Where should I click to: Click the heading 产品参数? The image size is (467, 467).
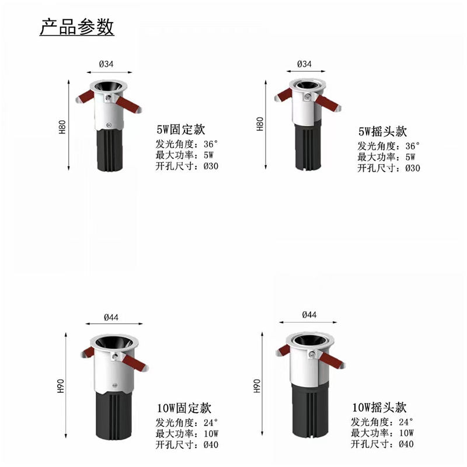77,27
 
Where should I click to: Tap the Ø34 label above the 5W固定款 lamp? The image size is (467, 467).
106,64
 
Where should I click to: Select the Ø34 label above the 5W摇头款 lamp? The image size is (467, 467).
304,64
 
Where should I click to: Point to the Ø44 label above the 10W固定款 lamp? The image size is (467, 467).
111,318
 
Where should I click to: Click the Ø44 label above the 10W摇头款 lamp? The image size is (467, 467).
309,315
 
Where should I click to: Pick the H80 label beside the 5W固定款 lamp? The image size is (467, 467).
62,127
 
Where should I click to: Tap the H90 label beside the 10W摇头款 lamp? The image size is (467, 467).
257,386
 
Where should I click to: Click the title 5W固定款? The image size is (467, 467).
181,130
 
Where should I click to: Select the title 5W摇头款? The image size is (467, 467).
382,131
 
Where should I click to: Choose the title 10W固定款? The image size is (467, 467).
184,408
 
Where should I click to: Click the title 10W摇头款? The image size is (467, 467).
379,407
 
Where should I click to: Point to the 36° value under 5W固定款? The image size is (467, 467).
211,144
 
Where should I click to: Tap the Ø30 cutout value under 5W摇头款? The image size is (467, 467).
413,168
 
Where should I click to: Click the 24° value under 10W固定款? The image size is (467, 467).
211,423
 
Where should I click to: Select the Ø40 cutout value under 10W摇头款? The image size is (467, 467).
406,444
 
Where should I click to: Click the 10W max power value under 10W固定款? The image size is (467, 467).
211,434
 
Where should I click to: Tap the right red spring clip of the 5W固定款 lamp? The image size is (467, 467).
129,105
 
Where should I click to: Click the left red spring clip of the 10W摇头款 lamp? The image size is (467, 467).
284,351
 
